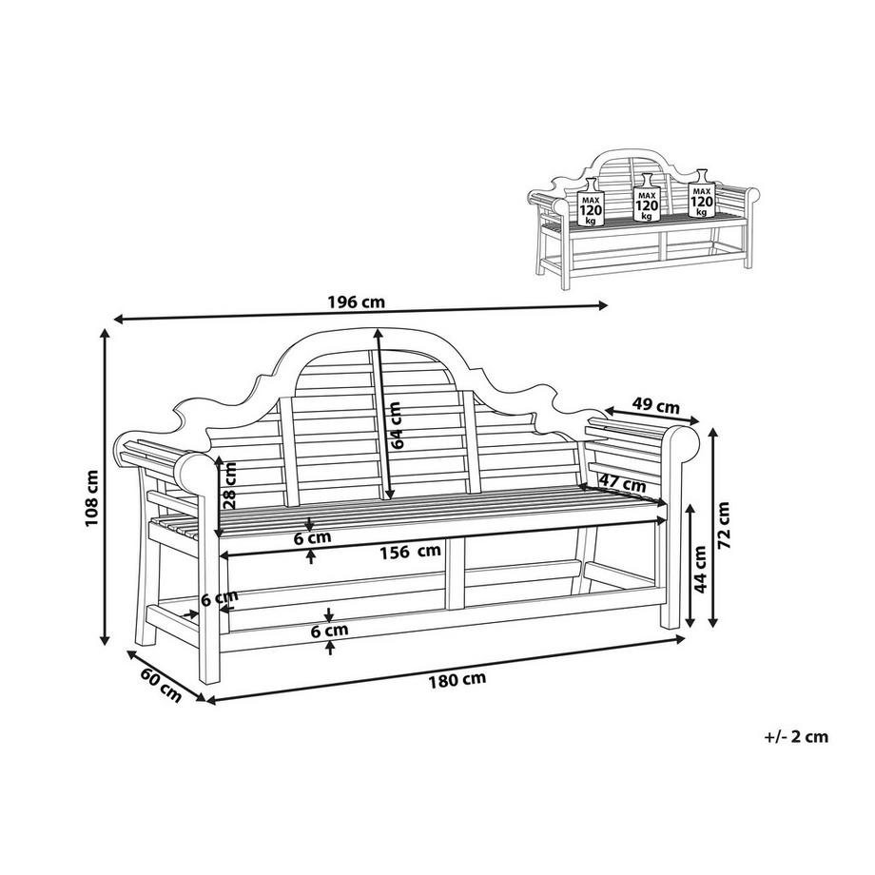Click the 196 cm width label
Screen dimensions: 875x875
click(356, 302)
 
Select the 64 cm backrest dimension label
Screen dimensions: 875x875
click(397, 424)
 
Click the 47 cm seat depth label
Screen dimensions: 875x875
click(622, 483)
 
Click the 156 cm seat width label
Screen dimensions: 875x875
click(410, 550)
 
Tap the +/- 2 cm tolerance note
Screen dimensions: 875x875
click(796, 735)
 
